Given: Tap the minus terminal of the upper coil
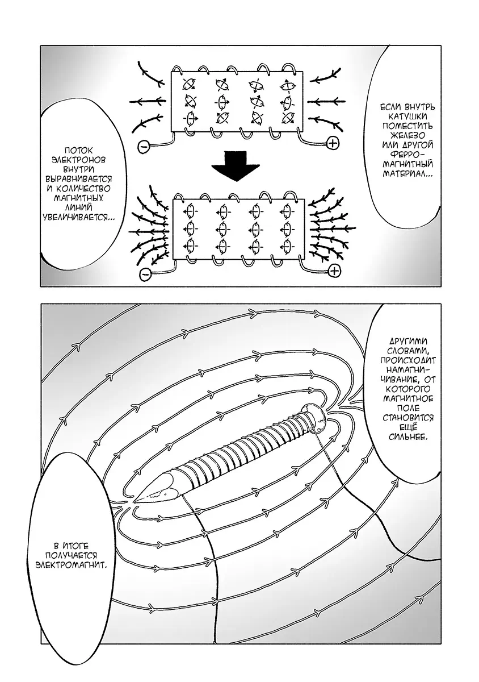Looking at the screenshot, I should pyautogui.click(x=144, y=147).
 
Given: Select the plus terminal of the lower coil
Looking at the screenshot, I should pyautogui.click(x=334, y=271).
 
